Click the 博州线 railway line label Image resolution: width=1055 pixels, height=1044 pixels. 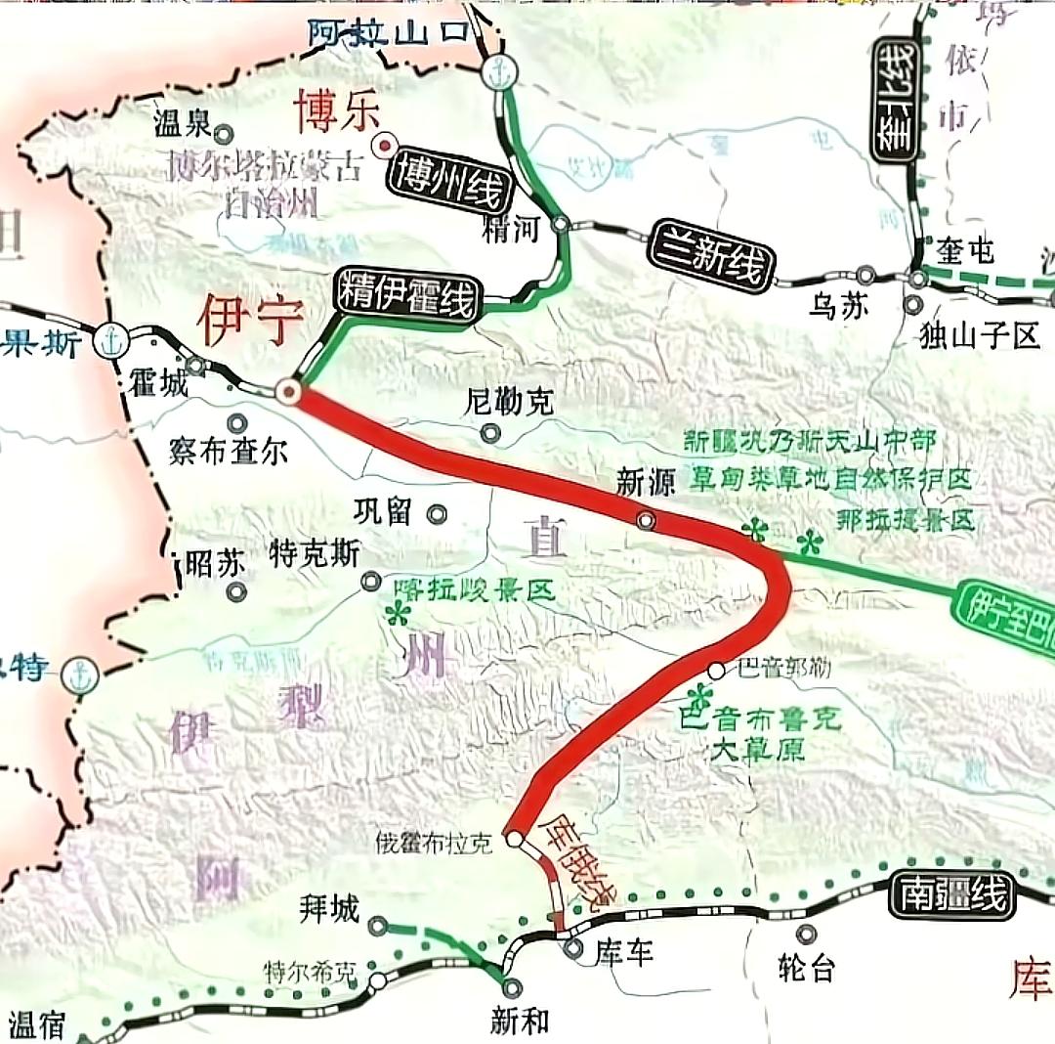(449, 183)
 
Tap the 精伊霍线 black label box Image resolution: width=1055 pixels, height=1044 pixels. (406, 292)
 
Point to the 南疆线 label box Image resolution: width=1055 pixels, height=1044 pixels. (952, 895)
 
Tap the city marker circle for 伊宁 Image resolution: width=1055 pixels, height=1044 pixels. (289, 392)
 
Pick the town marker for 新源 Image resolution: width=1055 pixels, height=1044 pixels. (646, 520)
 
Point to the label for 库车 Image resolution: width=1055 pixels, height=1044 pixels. (621, 953)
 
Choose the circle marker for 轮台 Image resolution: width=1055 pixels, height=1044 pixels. (806, 935)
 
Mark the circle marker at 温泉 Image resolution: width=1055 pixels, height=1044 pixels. (224, 133)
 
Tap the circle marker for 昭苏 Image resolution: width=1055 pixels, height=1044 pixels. (235, 591)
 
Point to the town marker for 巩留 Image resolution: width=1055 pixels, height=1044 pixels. (437, 513)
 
